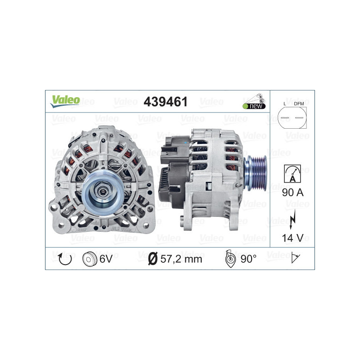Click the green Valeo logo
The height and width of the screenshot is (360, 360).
65,101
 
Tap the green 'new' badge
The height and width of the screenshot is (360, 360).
254,106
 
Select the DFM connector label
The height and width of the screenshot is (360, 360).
299,104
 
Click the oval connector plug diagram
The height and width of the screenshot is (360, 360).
292,119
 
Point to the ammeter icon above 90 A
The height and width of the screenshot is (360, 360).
292,172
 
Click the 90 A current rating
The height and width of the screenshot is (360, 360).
292,193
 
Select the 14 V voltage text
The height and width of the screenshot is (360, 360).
292,237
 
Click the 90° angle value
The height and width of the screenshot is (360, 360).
248,258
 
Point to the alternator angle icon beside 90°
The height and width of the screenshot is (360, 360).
230,258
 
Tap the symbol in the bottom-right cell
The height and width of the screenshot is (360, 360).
296,258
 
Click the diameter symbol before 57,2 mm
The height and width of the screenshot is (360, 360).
153,259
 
